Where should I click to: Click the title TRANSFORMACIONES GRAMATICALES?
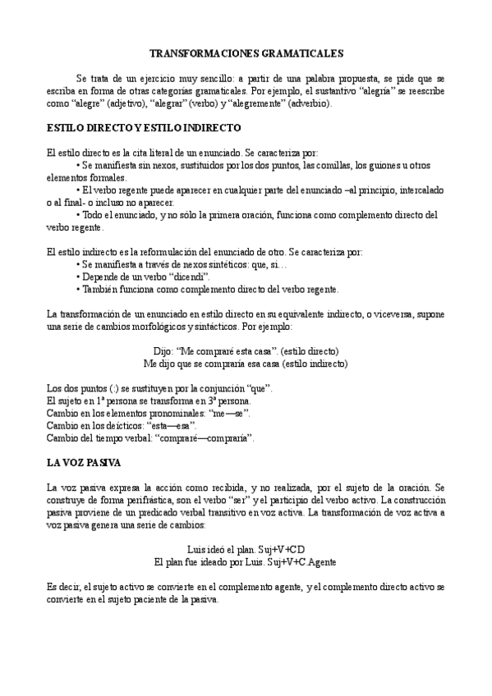[246, 52]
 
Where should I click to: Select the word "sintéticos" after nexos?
[209, 265]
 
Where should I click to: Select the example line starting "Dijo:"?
[246, 351]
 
